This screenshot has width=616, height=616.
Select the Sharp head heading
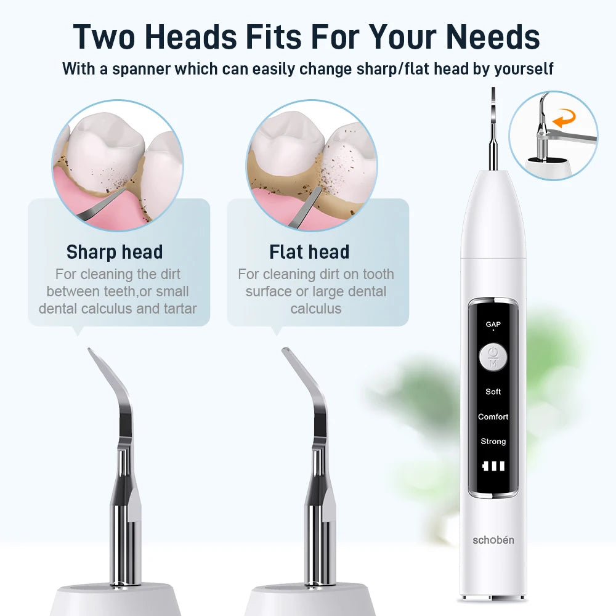(x=115, y=252)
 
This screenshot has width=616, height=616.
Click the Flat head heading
(x=309, y=252)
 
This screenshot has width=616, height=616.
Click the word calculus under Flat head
(x=315, y=309)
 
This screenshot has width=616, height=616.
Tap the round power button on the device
(x=493, y=357)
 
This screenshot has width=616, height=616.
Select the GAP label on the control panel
(x=493, y=324)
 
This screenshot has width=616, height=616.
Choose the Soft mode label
(x=493, y=392)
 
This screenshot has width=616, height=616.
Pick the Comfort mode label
(x=493, y=417)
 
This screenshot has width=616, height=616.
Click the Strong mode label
(x=493, y=442)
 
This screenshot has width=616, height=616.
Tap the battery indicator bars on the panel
(x=493, y=466)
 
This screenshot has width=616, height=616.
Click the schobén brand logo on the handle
(x=493, y=540)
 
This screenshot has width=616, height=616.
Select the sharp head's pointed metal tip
(x=91, y=352)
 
